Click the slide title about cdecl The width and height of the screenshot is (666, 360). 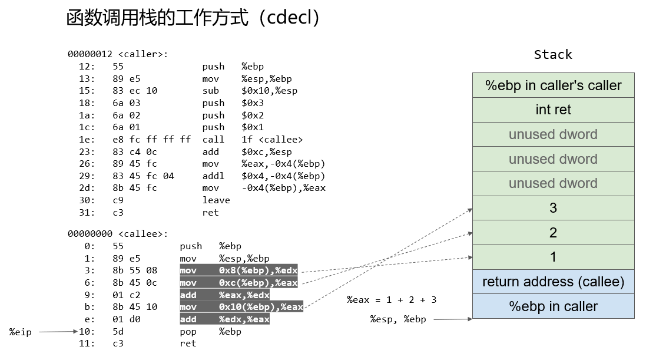(193, 18)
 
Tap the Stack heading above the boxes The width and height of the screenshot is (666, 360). (553, 54)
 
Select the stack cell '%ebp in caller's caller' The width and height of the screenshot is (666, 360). (554, 85)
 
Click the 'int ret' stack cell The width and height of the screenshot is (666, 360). (554, 110)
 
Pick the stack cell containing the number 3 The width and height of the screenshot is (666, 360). (554, 208)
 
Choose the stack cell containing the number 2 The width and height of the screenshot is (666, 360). (554, 233)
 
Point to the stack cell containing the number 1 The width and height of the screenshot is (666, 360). (554, 257)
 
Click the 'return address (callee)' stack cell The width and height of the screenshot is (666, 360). (554, 282)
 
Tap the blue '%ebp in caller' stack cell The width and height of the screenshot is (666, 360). (554, 306)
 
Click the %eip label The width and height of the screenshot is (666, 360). (21, 332)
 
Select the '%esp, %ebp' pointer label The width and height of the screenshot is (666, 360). (398, 319)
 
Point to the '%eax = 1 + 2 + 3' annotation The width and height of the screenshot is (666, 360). (392, 300)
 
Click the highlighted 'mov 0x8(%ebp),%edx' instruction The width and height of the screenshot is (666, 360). (238, 270)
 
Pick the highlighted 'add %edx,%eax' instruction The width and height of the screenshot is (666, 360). (225, 319)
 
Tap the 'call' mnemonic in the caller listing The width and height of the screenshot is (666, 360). (213, 140)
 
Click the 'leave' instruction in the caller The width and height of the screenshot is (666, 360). (216, 200)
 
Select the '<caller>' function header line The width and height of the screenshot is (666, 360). (118, 54)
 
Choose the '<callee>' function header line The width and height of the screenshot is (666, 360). (118, 234)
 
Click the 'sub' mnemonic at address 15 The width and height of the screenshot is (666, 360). (211, 91)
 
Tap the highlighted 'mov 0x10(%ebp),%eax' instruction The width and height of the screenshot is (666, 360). (241, 307)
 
